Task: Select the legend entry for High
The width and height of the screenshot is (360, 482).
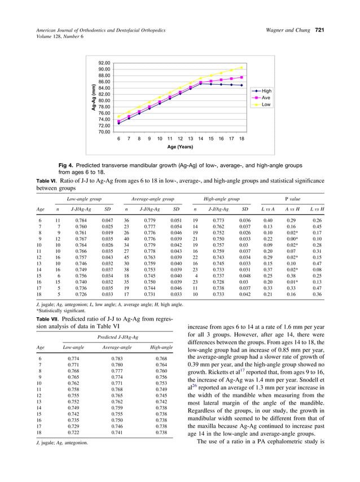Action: click(266, 91)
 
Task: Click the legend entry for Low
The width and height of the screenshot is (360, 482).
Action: click(266, 104)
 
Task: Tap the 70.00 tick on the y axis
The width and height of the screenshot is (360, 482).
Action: click(104, 132)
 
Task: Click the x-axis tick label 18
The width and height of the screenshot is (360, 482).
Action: click(242, 138)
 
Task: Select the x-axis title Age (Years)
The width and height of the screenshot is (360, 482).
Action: click(179, 147)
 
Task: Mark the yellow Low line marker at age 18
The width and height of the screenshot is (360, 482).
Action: click(242, 68)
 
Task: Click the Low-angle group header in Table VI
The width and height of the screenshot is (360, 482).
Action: click(84, 199)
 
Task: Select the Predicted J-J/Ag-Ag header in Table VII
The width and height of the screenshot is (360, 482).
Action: click(111, 337)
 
